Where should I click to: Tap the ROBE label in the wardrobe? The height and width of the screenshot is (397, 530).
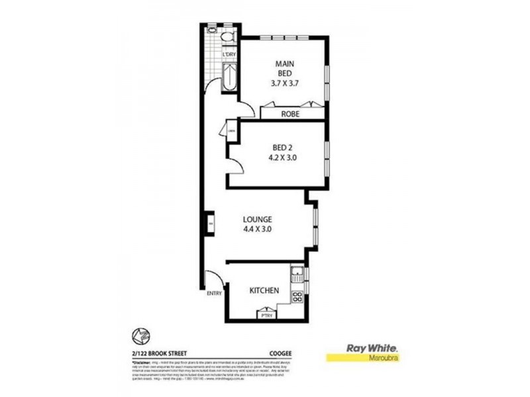click(x=290, y=114)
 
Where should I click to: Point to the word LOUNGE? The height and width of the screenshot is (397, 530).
click(x=258, y=219)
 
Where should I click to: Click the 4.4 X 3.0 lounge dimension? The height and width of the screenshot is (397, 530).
click(x=258, y=230)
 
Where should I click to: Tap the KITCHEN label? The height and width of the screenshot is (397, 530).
click(x=264, y=290)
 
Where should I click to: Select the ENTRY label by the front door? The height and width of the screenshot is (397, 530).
click(x=213, y=293)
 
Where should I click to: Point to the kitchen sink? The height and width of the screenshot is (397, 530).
click(x=297, y=273)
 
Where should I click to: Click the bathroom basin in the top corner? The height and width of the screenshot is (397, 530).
click(x=211, y=30)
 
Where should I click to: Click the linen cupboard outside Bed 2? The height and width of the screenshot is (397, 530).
click(x=232, y=131)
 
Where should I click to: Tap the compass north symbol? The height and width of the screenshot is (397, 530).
click(x=140, y=337)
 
